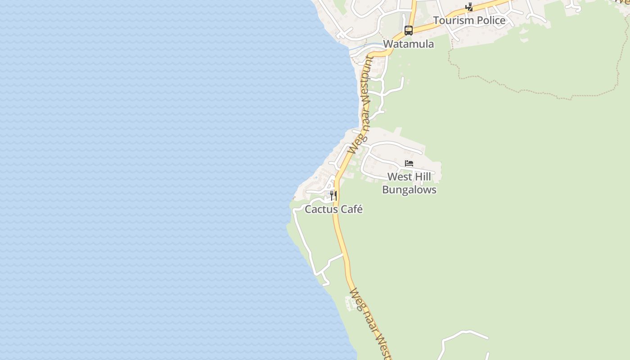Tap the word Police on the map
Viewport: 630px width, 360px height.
pyautogui.click(x=490, y=21)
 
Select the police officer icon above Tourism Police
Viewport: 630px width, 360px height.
pyautogui.click(x=469, y=7)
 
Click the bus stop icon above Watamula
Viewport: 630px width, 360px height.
pyautogui.click(x=408, y=31)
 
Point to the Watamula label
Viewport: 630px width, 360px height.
pyautogui.click(x=409, y=44)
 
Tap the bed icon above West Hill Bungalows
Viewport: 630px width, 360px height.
pyautogui.click(x=409, y=163)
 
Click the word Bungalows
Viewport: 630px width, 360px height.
pyautogui.click(x=409, y=190)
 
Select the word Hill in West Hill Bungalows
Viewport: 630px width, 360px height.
pyautogui.click(x=422, y=177)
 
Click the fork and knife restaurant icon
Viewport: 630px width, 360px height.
pyautogui.click(x=333, y=195)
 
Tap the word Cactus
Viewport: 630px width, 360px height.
pyautogui.click(x=321, y=210)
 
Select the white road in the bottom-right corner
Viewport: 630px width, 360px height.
pyautogui.click(x=463, y=333)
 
